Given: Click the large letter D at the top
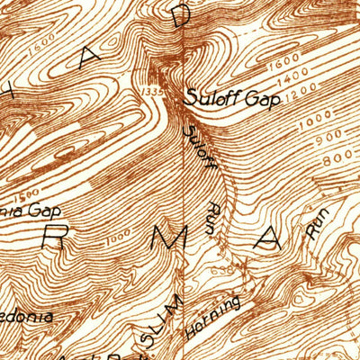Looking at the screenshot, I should [183, 16].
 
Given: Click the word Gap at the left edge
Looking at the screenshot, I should [41, 210].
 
